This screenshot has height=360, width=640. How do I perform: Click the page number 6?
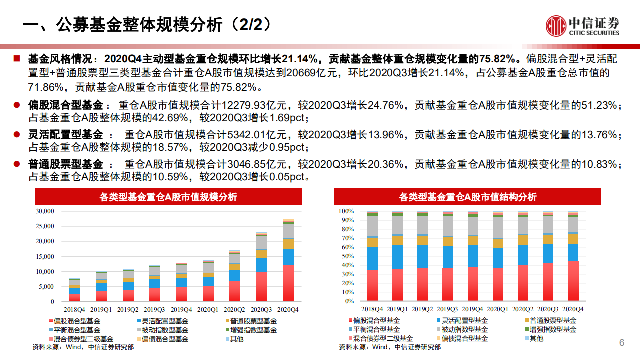622,343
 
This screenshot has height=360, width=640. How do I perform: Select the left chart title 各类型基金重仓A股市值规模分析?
168,197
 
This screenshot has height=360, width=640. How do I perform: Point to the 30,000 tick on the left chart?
45,211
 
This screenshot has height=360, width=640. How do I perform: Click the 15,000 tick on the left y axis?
45,257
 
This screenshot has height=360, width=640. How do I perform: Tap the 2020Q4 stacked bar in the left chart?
288,260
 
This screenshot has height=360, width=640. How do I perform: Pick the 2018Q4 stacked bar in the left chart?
75,290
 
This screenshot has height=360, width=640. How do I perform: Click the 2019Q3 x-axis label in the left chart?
155,310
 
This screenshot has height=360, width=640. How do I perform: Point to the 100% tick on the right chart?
346,211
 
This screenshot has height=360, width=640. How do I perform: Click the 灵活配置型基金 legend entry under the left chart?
162,320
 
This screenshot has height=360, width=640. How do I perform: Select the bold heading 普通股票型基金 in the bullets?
65,164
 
